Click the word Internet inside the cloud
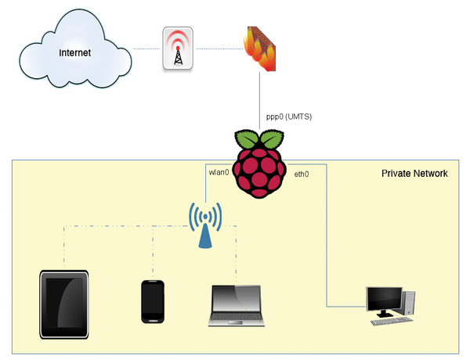tap(75, 53)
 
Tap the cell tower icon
tap(178, 49)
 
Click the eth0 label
tap(302, 174)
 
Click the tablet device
tap(63, 304)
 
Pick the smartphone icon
tap(152, 301)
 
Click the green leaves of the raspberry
tap(259, 141)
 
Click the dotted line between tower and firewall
tap(217, 49)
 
